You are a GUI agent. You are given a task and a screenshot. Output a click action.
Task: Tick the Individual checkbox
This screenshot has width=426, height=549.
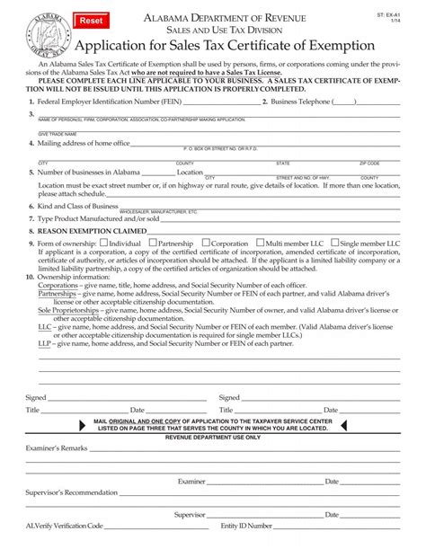coord(104,243)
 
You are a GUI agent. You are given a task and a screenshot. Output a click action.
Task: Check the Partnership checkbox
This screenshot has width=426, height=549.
coord(152,243)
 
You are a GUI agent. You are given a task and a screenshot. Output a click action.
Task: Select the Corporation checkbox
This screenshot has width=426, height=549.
coord(208,243)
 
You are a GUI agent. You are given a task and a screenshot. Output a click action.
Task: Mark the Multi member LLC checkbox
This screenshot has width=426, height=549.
coord(259,243)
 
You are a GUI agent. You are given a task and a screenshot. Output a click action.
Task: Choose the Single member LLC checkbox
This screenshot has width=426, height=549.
coord(335,243)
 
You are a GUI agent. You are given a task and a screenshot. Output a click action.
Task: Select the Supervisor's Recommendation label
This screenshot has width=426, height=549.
coord(72,492)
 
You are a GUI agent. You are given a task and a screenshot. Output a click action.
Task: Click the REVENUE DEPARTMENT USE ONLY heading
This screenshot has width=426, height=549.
coord(213,437)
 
